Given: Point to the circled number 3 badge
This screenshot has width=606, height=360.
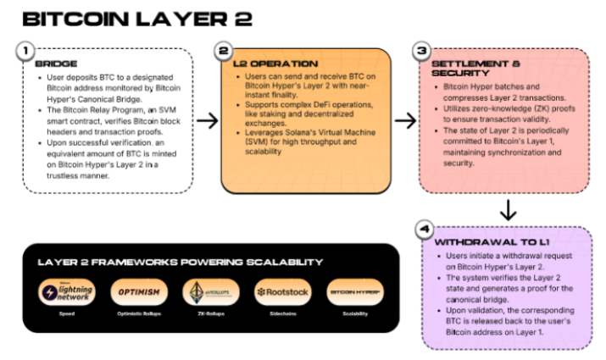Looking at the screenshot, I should click(422, 52).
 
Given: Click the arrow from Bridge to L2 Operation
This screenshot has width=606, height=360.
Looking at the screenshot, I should click(207, 121).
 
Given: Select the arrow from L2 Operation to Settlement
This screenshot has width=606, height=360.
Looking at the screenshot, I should click(406, 121).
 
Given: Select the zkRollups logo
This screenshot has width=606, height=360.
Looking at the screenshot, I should click(209, 292).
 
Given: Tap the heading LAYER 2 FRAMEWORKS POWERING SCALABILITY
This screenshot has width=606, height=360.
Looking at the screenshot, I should click(179, 262).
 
